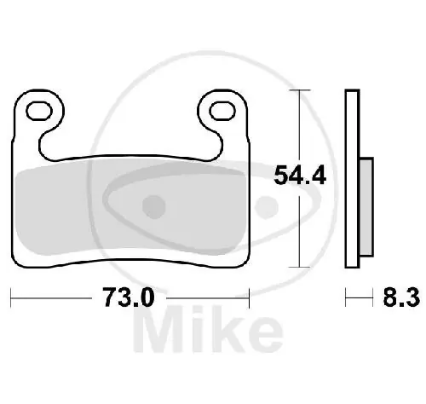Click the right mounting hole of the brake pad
pos(221,109)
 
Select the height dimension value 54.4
pos(297,176)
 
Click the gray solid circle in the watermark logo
pos(154,205)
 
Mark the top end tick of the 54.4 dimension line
pos(297,89)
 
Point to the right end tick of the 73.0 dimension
pos(248,297)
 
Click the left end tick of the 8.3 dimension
pos(347,297)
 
